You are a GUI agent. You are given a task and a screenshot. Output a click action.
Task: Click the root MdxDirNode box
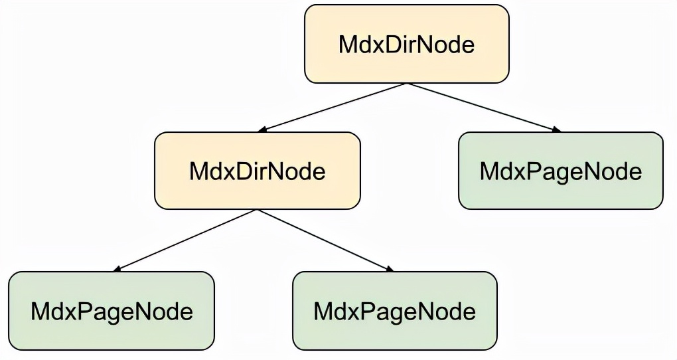click(x=407, y=44)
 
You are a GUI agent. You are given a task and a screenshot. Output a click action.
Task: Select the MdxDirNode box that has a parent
click(x=258, y=171)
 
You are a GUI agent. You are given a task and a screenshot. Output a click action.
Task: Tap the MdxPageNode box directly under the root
click(x=560, y=171)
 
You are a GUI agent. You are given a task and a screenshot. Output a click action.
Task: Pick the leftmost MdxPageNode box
click(x=112, y=311)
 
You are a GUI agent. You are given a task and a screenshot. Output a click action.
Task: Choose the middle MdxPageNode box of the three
click(x=395, y=311)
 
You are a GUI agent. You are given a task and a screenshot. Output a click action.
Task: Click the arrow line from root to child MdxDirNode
click(x=332, y=107)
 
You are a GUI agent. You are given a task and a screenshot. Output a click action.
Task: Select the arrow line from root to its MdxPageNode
click(x=484, y=107)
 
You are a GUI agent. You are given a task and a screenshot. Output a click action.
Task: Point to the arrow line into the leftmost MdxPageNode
click(x=185, y=240)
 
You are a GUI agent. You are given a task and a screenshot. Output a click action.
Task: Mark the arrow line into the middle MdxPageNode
click(x=326, y=240)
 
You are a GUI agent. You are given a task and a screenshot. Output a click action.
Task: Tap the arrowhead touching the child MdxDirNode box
click(x=262, y=130)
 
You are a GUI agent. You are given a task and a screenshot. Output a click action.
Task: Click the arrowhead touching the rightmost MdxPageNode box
click(x=557, y=130)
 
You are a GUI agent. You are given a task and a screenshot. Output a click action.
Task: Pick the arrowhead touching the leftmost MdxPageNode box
click(x=117, y=269)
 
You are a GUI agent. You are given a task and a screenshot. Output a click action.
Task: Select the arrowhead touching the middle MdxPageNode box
click(x=390, y=269)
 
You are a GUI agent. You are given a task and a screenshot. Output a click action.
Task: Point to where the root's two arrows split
click(x=407, y=84)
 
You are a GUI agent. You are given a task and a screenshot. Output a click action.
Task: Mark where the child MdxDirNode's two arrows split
click(x=258, y=210)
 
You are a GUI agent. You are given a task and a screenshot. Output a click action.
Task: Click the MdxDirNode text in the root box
click(x=407, y=45)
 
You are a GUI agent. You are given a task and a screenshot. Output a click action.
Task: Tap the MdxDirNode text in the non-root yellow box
click(x=258, y=171)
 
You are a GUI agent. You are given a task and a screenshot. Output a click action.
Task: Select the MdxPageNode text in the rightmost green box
click(x=561, y=172)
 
